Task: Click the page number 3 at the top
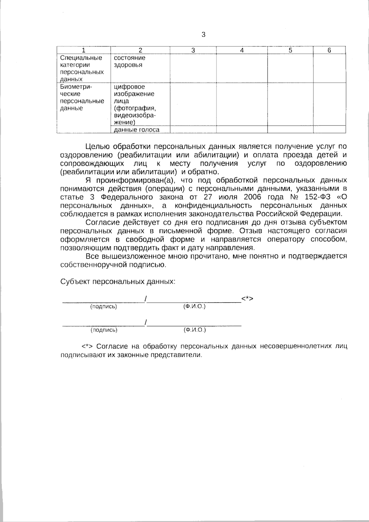[203, 35]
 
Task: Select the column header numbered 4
[242, 50]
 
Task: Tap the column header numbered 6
[329, 50]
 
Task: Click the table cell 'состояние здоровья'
[129, 62]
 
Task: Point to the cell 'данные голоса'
[137, 130]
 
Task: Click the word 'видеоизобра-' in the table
[135, 115]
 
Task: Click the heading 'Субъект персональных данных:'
[118, 281]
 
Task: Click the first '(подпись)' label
[104, 307]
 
